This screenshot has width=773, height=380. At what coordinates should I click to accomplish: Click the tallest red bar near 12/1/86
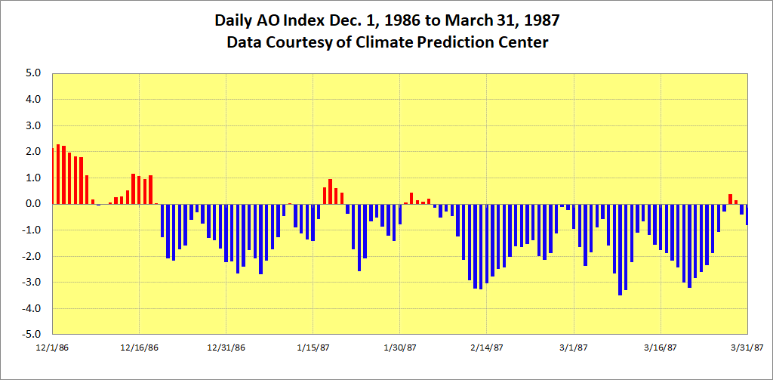[58, 174]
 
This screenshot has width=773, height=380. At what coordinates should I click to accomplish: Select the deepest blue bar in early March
[620, 249]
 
